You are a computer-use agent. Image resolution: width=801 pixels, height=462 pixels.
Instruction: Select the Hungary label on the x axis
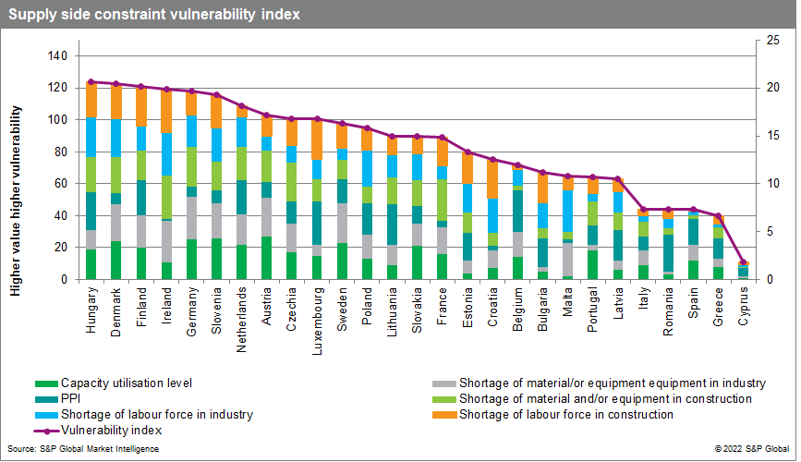tap(91, 304)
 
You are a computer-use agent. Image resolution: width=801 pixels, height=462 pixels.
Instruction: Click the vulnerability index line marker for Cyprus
tap(744, 262)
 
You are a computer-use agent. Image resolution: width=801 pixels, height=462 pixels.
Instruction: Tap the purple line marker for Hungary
tap(91, 82)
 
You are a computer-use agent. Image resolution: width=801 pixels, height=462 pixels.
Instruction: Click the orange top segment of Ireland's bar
tap(166, 111)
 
